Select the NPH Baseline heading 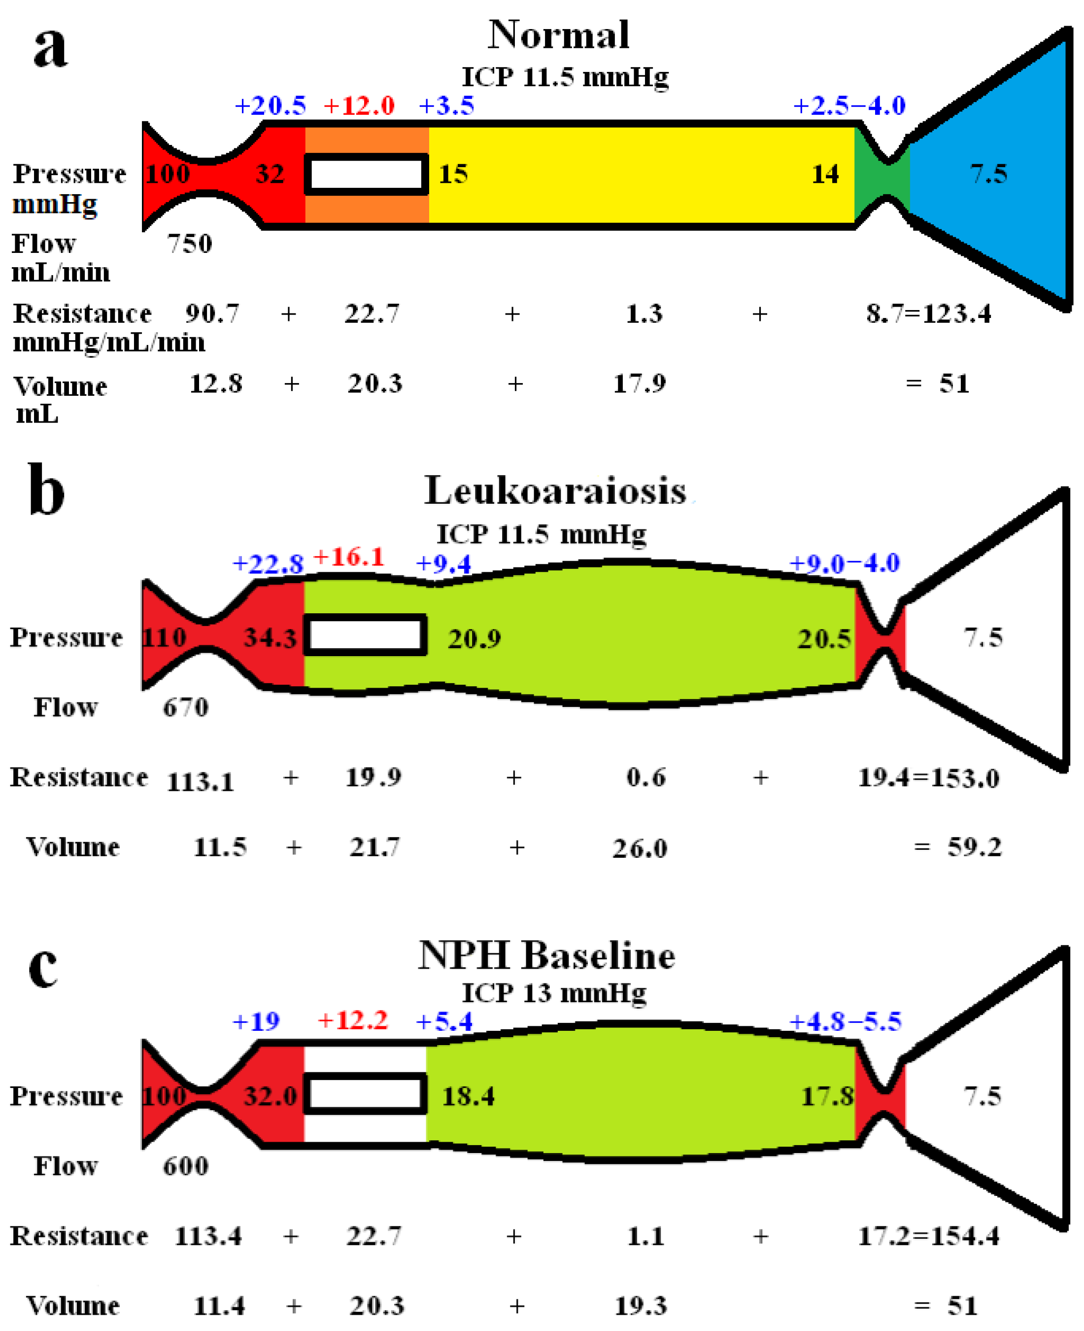[x=546, y=956]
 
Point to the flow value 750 [x=189, y=244]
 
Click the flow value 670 [x=185, y=708]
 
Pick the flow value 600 [x=185, y=1166]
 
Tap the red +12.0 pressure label [x=359, y=106]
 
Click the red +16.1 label [x=348, y=557]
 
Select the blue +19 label [x=256, y=1022]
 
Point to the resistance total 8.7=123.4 [x=928, y=314]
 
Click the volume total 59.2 [x=974, y=847]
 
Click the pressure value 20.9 [x=474, y=639]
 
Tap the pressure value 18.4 [x=468, y=1097]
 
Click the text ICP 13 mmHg [x=554, y=993]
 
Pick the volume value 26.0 [x=640, y=849]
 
